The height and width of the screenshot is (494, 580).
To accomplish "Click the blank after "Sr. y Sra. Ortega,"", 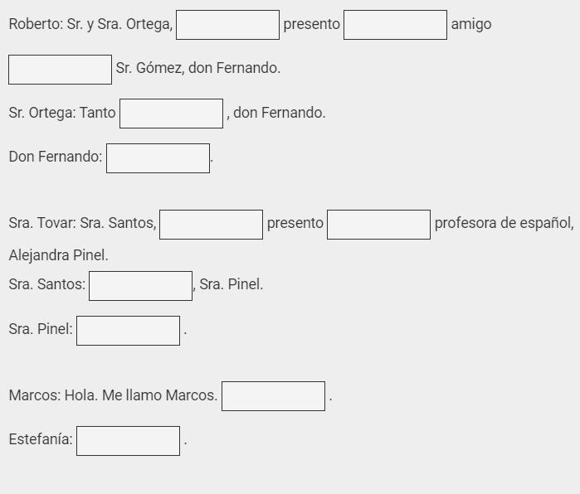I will coord(227,25).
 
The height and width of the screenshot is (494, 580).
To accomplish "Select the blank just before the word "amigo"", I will coord(395,25).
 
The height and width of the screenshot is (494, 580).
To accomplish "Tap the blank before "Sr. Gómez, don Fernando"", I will coord(60,70).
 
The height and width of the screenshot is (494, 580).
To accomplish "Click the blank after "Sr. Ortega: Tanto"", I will coord(171,114).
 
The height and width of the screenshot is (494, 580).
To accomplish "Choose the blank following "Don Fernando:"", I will coord(158,158).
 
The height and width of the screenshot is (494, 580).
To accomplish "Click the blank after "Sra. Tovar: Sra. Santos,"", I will coord(211,225).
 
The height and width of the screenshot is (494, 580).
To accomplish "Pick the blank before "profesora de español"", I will coord(378,225).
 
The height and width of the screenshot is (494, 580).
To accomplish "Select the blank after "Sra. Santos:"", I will coord(140,286).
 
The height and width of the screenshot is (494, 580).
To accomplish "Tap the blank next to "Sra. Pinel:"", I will coord(128,331).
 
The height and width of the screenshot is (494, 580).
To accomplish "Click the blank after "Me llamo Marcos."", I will coord(273,396).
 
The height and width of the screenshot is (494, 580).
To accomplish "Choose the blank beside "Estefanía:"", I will coord(128,441).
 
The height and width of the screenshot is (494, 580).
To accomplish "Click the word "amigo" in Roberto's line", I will coord(471,25).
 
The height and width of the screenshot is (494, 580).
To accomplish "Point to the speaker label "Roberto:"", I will coord(36,25).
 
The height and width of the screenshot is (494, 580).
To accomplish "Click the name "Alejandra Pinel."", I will coord(58,255).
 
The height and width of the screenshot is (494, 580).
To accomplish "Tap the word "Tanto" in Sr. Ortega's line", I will coord(98,114).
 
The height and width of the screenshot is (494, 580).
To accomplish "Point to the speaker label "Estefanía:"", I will coord(41,440).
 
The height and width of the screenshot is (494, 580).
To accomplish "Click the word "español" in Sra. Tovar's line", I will coord(547,224).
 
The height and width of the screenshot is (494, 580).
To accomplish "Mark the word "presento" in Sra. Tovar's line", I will coord(295,224).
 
